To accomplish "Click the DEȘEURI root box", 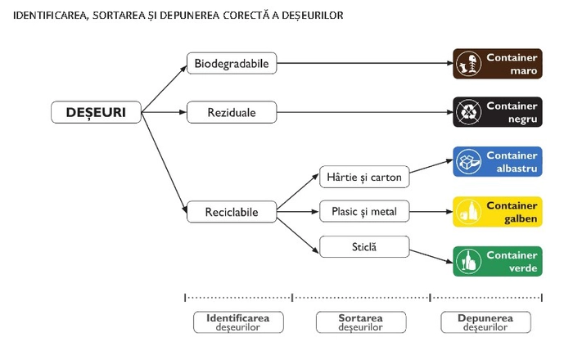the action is [96, 112].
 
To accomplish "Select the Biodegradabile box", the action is [232, 63].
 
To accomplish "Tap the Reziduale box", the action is [232, 112].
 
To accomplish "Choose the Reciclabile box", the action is [232, 212].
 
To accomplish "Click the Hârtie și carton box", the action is [364, 177].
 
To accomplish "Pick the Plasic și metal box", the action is [364, 211].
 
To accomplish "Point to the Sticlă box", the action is [364, 247].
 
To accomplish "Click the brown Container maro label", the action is [498, 64].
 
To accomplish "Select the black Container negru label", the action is [498, 112].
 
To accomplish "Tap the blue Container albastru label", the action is [498, 162].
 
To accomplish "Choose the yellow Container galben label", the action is [498, 212].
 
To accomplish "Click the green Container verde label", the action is [498, 262].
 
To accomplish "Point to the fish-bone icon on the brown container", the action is [468, 64].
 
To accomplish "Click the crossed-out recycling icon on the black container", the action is [468, 112].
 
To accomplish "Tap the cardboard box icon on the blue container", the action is [468, 162].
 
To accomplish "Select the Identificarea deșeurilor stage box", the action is [238, 322].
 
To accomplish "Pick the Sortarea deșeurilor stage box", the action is [361, 322].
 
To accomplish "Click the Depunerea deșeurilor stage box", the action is [485, 322].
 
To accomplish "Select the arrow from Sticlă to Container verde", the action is [431, 256].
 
